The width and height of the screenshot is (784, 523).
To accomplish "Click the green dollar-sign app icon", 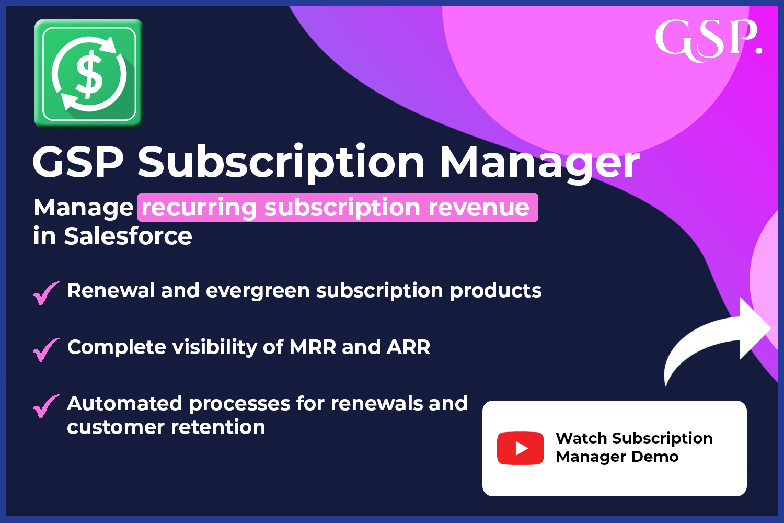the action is click(x=89, y=74).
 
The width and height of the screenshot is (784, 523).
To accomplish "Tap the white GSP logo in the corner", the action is click(x=708, y=40).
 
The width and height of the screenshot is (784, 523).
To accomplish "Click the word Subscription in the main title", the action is click(x=281, y=163).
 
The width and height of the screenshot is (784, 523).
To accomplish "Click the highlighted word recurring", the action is click(x=199, y=208).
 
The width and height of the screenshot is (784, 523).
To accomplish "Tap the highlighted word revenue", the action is click(x=478, y=208).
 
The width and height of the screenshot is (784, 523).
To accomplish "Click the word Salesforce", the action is click(x=128, y=236).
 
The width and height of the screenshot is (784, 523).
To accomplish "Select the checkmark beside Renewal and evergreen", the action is click(x=46, y=293).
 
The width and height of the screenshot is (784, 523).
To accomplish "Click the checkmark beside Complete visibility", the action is click(x=46, y=349).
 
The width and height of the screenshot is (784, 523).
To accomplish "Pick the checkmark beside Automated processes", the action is click(x=46, y=406).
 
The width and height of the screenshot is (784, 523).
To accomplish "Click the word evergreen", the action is click(x=258, y=291).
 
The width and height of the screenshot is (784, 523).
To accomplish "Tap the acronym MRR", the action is click(x=313, y=347).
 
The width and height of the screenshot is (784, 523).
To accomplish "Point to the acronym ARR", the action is click(x=408, y=347).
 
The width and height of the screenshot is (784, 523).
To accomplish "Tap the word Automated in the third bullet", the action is click(x=124, y=404).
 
